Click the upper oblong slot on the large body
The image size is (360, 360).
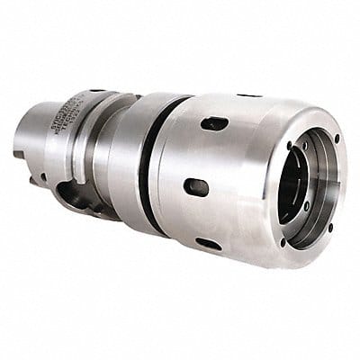214,123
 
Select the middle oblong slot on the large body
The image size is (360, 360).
196,187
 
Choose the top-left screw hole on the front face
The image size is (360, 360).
289,144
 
